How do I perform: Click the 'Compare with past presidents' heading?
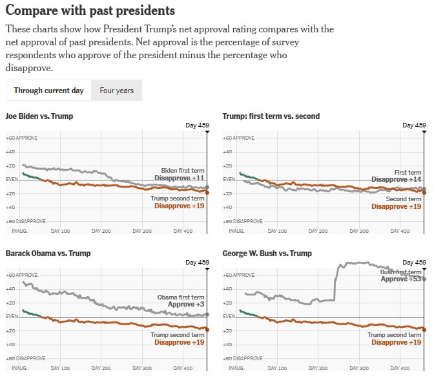click(x=90, y=11)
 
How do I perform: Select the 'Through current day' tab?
click(x=48, y=91)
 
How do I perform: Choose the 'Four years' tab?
click(x=116, y=91)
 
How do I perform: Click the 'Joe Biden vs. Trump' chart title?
click(x=39, y=116)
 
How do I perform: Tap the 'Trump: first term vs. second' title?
click(x=271, y=116)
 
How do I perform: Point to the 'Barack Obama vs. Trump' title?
click(x=48, y=253)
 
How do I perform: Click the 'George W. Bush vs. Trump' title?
click(x=267, y=254)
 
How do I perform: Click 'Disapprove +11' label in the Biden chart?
click(x=180, y=178)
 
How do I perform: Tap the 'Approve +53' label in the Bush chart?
click(x=400, y=279)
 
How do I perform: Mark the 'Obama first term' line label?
click(x=181, y=297)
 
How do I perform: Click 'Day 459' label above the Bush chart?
click(x=414, y=263)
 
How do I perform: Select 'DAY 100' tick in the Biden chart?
click(x=60, y=231)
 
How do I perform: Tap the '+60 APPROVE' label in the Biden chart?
click(x=21, y=138)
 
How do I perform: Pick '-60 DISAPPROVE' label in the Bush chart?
click(x=242, y=358)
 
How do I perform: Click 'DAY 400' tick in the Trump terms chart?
click(x=401, y=231)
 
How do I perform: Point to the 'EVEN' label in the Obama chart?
click(x=12, y=316)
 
